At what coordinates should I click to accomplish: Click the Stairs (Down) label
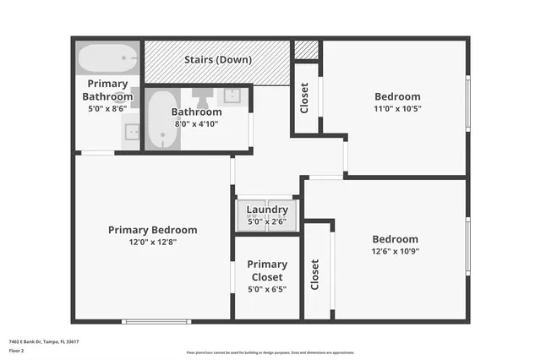click(218, 60)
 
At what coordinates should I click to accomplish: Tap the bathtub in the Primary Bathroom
click(107, 60)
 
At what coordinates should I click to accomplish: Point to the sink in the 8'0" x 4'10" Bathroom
click(234, 95)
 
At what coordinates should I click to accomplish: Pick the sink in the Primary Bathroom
click(132, 131)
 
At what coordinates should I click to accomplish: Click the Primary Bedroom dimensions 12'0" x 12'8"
click(152, 243)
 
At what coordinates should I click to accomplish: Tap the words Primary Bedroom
click(152, 230)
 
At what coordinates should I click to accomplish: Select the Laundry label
click(267, 210)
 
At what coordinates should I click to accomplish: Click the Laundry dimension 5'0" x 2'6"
click(267, 221)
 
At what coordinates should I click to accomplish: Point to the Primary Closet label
click(267, 270)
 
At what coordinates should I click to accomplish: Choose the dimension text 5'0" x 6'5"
click(267, 289)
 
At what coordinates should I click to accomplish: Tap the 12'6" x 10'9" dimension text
click(395, 251)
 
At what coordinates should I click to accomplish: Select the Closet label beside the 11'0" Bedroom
click(304, 98)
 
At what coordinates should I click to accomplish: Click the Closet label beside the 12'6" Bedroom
click(315, 274)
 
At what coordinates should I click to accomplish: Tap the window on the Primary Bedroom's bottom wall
click(156, 321)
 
